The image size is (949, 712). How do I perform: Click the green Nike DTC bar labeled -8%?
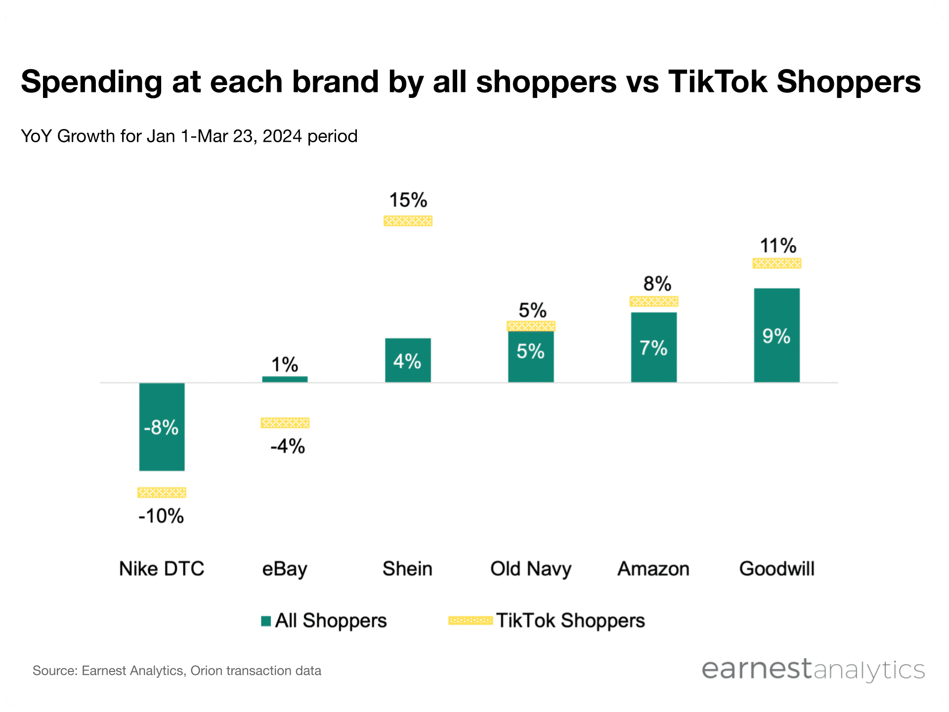pos(162,427)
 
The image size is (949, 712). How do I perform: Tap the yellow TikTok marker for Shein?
pos(408,221)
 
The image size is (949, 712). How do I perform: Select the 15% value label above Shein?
pos(408,200)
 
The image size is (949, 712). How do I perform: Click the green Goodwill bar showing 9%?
pos(776,335)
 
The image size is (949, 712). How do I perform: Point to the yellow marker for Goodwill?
pos(776,263)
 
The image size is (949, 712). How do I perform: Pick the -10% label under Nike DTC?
pos(161,516)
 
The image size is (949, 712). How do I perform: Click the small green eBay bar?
pos(285,379)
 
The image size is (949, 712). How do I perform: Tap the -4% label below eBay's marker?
pos(287,446)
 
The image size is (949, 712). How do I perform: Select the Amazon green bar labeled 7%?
pos(653,347)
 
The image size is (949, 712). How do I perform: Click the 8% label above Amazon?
pos(657,284)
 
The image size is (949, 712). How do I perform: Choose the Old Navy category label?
pos(530,569)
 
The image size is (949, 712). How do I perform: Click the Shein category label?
pos(407,569)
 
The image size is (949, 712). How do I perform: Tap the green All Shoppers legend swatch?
pos(266,621)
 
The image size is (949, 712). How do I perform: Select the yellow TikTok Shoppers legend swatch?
pos(470,621)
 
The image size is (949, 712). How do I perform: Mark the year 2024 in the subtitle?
pos(282,136)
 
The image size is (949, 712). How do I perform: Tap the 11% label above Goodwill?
pos(777,246)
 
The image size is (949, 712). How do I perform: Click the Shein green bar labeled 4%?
pos(408,360)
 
